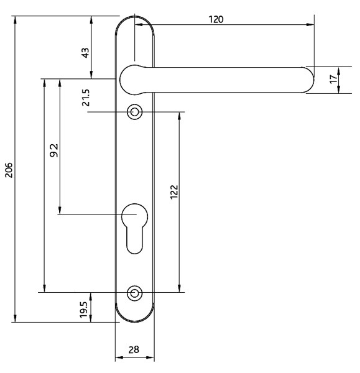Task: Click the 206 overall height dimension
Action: click(9, 170)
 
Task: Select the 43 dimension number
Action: click(85, 53)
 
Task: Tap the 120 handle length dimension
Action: click(216, 19)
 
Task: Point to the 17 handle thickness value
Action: click(334, 79)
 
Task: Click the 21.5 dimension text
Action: click(86, 98)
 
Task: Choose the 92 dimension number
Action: click(54, 150)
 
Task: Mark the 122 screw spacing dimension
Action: click(174, 192)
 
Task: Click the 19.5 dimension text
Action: click(83, 310)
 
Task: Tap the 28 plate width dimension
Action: click(134, 349)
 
